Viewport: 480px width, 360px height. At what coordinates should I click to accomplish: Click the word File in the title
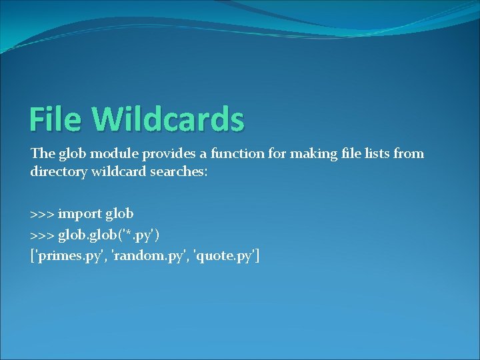click(x=55, y=119)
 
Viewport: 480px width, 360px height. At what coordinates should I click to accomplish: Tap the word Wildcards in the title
click(x=168, y=118)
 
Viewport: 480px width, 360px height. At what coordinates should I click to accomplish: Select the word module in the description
click(x=114, y=153)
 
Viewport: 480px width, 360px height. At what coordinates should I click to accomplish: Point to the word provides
click(x=169, y=154)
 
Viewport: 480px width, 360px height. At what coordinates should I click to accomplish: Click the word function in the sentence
click(x=237, y=153)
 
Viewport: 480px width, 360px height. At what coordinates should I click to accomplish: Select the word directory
click(x=59, y=172)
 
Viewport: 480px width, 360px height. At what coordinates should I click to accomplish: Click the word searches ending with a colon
click(x=179, y=171)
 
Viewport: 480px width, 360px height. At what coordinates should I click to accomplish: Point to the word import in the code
click(x=79, y=214)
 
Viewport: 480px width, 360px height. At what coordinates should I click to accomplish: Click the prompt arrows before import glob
click(x=42, y=214)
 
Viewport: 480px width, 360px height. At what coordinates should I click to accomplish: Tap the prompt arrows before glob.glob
click(x=42, y=236)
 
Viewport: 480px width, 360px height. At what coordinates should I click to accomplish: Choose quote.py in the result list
click(x=225, y=256)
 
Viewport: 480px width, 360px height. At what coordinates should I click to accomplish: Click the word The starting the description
click(x=43, y=153)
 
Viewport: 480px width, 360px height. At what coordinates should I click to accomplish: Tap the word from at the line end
click(x=409, y=153)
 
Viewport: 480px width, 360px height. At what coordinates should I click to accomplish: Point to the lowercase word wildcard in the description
click(x=119, y=171)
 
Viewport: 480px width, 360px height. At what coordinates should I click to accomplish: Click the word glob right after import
click(x=119, y=214)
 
